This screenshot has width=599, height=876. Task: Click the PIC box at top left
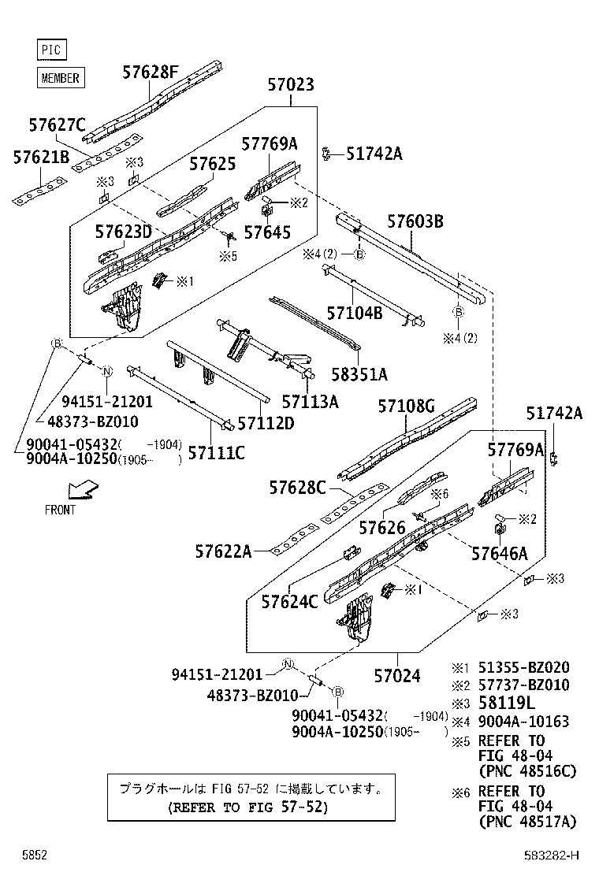[x=51, y=50]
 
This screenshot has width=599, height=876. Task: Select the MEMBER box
[x=60, y=77]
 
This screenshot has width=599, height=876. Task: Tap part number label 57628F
[x=150, y=72]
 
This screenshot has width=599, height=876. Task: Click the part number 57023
[x=290, y=85]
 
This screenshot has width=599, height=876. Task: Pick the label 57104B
[x=355, y=313]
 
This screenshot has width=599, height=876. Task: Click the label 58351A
[x=359, y=373]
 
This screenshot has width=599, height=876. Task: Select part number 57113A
[x=310, y=402]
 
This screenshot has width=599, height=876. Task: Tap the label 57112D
[x=266, y=423]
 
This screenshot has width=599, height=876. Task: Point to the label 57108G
[x=406, y=406]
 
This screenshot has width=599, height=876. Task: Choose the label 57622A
[x=223, y=551]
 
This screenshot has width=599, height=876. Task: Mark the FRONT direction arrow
[x=82, y=492]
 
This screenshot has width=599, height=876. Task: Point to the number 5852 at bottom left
[x=34, y=855]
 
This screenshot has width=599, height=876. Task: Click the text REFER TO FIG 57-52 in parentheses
[x=247, y=807]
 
